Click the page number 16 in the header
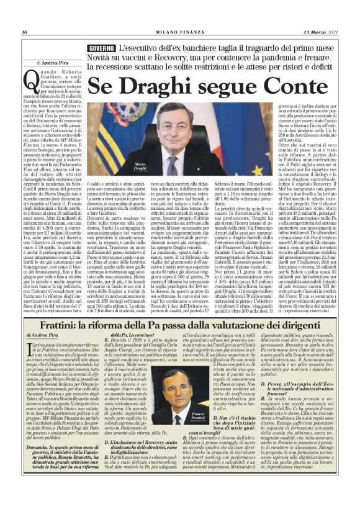coord(24,32)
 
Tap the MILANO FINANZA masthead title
coord(181,32)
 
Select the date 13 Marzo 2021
coord(326,32)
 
